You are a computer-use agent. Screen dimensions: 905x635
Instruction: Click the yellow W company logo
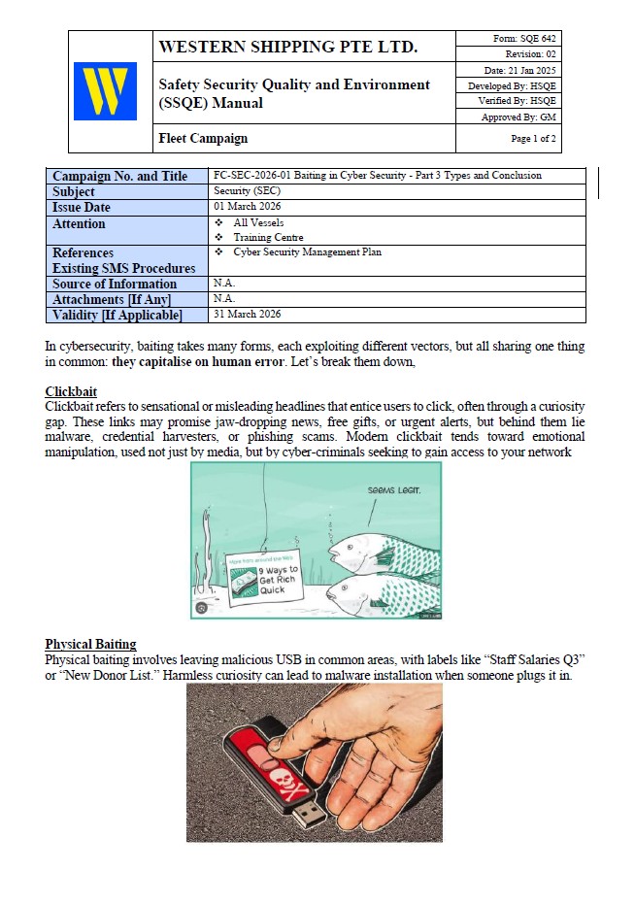tap(105, 91)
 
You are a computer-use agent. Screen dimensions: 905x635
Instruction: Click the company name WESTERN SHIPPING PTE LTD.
tap(288, 47)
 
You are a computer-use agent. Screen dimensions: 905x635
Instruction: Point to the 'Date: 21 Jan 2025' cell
tap(519, 70)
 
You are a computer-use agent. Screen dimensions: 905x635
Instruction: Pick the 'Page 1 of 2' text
tap(533, 139)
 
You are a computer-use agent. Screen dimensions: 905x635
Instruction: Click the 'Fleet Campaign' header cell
tap(203, 139)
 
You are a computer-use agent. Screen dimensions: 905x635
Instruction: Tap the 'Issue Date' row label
tap(82, 208)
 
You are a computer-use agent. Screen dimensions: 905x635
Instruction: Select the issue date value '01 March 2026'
tap(244, 207)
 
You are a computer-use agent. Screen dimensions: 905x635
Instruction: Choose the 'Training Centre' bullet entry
tap(268, 238)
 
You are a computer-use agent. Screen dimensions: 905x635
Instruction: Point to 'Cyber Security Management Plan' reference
tap(307, 252)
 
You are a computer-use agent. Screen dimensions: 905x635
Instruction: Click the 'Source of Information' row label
tap(115, 285)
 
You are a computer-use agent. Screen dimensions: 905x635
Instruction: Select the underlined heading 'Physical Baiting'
tap(90, 644)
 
